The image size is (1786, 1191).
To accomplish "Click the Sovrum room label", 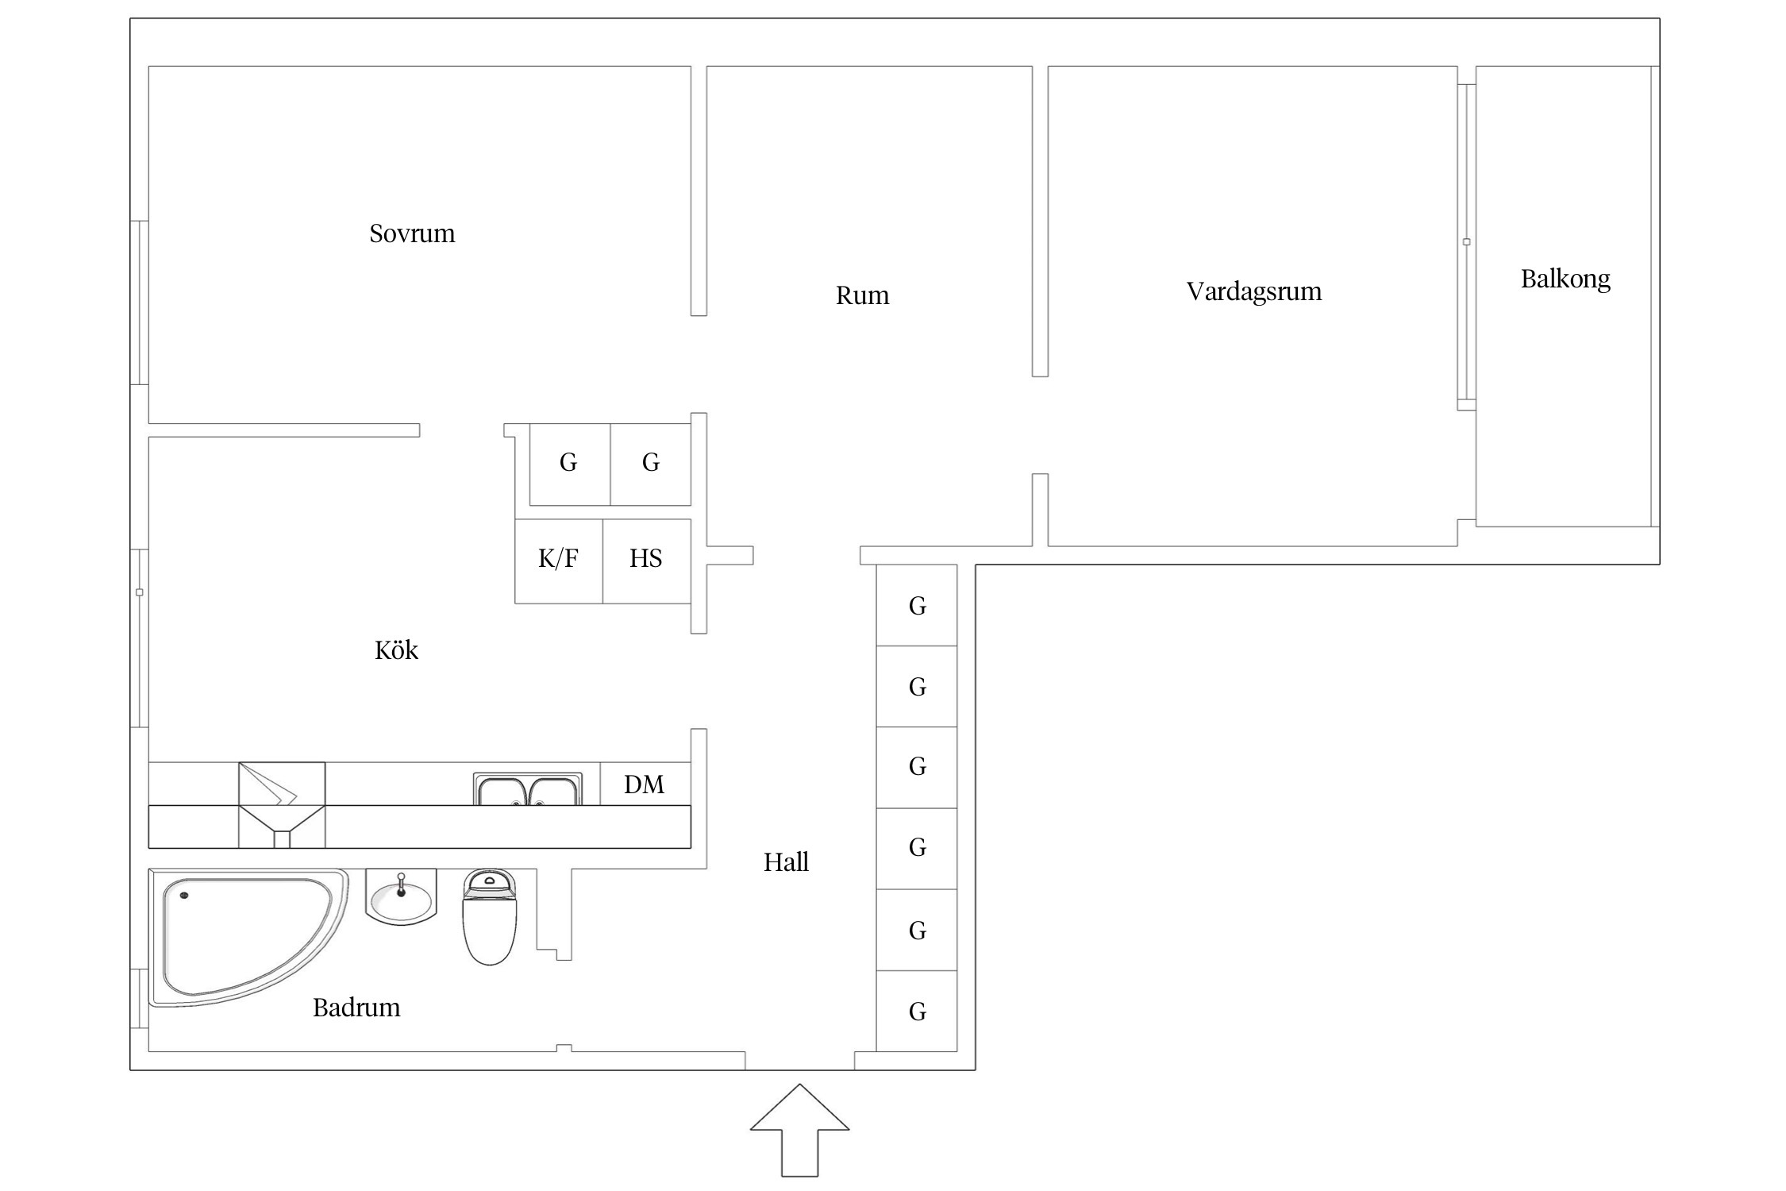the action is coord(412,233).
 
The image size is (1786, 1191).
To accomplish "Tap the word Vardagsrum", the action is coord(1254,292).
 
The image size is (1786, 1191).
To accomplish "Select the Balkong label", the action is coord(1565,279).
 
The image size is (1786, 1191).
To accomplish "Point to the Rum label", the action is coord(862,295).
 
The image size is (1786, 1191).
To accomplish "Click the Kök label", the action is coord(396,650).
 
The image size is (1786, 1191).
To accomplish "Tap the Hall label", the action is coord(786,862).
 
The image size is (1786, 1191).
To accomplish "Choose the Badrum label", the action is coord(356,1008).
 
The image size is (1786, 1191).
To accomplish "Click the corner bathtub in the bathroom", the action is coord(248,938).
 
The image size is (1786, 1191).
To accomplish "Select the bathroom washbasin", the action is coord(401,896).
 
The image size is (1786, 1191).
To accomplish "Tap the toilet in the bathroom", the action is coord(490,917).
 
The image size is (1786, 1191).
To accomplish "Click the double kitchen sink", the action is coord(528,789).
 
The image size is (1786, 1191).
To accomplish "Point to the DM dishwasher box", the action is coord(645,784).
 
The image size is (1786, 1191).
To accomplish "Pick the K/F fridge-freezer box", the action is coord(559,561).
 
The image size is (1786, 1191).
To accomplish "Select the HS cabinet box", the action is coord(647,561).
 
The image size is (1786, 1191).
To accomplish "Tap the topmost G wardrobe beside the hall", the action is coord(917,605).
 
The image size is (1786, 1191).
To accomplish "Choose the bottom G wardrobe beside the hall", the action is coord(917,1011).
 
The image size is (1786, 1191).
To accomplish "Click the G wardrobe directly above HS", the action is coord(651,464).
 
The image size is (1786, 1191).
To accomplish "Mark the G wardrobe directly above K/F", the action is coord(570,464).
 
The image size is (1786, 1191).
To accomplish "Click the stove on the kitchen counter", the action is coord(282,805).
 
